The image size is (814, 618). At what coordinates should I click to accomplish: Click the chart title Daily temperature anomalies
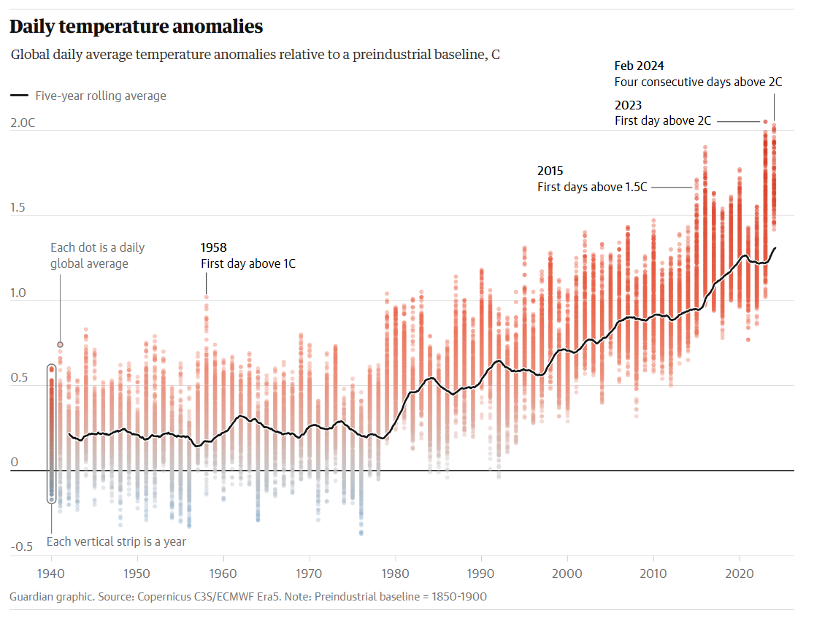pyautogui.click(x=136, y=27)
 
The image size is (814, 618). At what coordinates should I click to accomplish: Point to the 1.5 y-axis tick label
pyautogui.click(x=19, y=208)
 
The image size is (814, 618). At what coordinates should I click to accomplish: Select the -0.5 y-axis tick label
pyautogui.click(x=21, y=547)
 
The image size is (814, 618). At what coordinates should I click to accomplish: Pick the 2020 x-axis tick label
pyautogui.click(x=740, y=573)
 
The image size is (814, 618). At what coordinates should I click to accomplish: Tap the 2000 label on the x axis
pyautogui.click(x=567, y=573)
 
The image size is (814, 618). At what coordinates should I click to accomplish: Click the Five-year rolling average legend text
pyautogui.click(x=101, y=96)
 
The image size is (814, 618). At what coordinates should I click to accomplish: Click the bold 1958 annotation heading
pyautogui.click(x=214, y=248)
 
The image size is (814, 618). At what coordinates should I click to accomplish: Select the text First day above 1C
pyautogui.click(x=248, y=263)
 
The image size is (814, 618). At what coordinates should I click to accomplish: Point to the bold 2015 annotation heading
pyautogui.click(x=550, y=171)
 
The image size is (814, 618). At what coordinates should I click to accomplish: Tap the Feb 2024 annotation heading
pyautogui.click(x=639, y=66)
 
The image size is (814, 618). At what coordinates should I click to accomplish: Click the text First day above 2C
pyautogui.click(x=662, y=120)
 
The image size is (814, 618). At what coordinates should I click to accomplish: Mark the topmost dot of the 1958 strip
pyautogui.click(x=206, y=297)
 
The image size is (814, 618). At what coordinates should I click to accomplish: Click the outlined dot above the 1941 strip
pyautogui.click(x=60, y=344)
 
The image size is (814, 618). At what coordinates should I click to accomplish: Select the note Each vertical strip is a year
pyautogui.click(x=116, y=541)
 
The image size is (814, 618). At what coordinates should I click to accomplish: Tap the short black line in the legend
pyautogui.click(x=20, y=96)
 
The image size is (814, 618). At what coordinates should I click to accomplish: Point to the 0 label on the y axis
pyautogui.click(x=13, y=463)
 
